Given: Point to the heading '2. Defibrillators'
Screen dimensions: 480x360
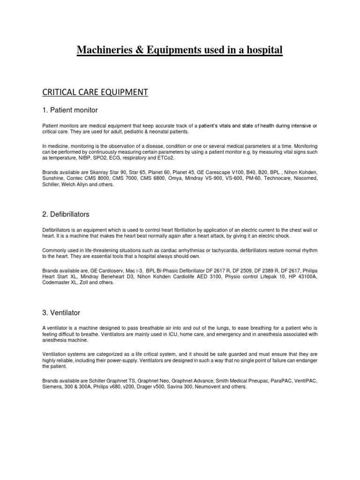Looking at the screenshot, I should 66,214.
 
